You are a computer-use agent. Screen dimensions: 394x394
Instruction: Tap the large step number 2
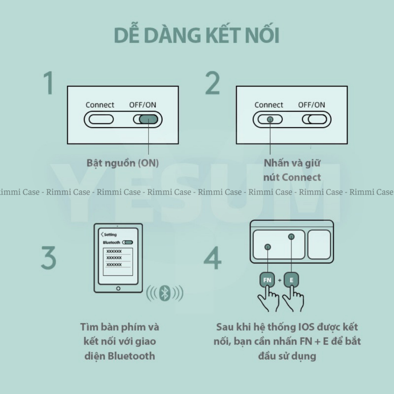point(212,83)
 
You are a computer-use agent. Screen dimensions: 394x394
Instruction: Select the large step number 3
point(48,258)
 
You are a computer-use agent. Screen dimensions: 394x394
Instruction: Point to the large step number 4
point(212,258)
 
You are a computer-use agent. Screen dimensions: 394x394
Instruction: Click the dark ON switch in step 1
point(149,119)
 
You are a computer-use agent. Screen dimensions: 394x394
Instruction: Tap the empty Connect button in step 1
point(101,119)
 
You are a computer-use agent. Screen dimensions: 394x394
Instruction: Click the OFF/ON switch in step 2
point(315,119)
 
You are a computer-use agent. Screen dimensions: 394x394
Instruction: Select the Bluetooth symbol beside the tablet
point(165,293)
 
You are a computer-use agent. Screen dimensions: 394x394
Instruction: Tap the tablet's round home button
point(119,289)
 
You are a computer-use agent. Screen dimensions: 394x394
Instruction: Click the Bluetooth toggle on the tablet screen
point(128,242)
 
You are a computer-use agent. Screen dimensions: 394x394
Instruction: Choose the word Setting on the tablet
point(110,235)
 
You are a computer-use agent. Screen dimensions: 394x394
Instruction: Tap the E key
point(291,280)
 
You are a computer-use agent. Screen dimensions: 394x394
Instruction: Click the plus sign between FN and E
point(279,280)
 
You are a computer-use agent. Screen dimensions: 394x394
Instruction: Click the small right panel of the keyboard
point(319,244)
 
